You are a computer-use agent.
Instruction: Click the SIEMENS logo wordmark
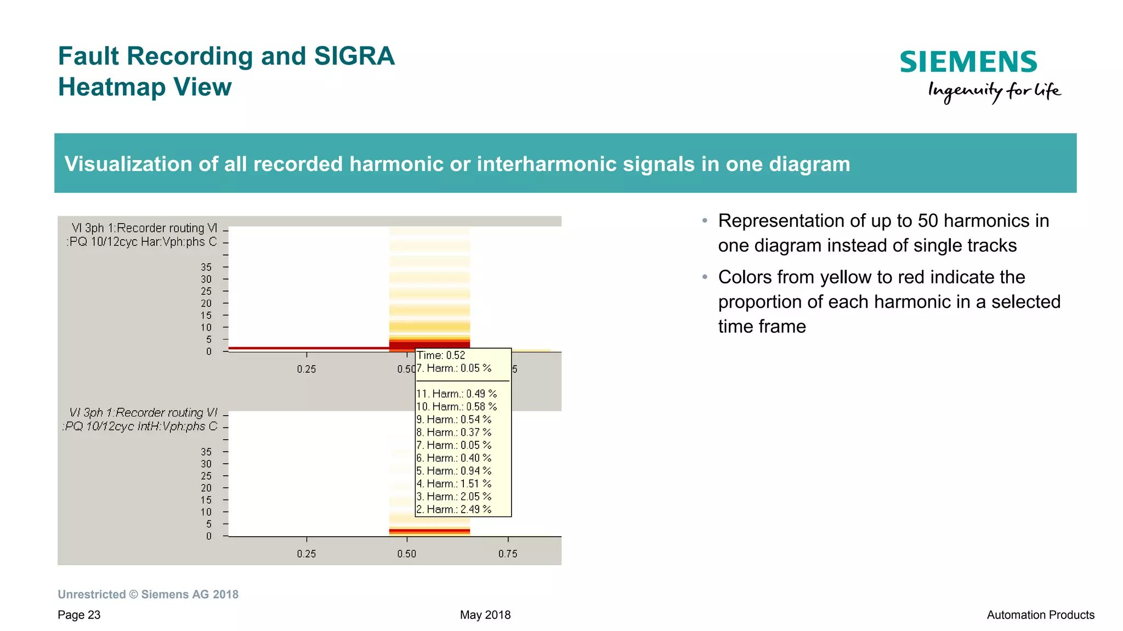968,62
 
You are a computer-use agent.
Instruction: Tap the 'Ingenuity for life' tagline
994,91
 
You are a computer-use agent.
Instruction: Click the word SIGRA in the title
354,56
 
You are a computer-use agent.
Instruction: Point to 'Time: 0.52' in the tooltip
441,355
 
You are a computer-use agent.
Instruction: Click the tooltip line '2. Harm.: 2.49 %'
453,509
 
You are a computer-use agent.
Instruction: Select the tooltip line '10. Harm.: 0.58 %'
456,407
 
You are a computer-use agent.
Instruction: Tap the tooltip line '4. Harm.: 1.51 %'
453,484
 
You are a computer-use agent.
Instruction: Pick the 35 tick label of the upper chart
206,267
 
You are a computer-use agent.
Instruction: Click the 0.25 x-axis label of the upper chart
306,369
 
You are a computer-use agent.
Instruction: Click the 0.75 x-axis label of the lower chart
507,554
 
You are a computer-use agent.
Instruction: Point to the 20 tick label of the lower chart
206,488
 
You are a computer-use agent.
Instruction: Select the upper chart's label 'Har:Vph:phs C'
179,242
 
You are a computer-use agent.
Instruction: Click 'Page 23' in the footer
79,615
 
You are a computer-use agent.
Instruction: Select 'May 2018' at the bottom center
485,615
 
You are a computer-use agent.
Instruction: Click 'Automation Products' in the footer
1040,615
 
